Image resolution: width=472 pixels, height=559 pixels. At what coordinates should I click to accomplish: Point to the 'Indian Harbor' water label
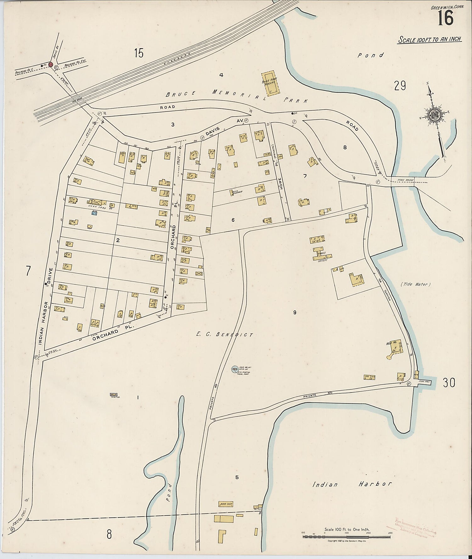[352, 484]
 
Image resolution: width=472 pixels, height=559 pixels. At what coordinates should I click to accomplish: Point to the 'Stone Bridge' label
[404, 180]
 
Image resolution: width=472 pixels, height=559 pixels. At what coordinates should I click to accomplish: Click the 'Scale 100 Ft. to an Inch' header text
[430, 40]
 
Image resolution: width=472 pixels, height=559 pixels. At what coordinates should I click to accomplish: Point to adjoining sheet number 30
[449, 383]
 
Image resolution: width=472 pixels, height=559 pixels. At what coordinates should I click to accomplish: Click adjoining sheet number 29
[400, 85]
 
